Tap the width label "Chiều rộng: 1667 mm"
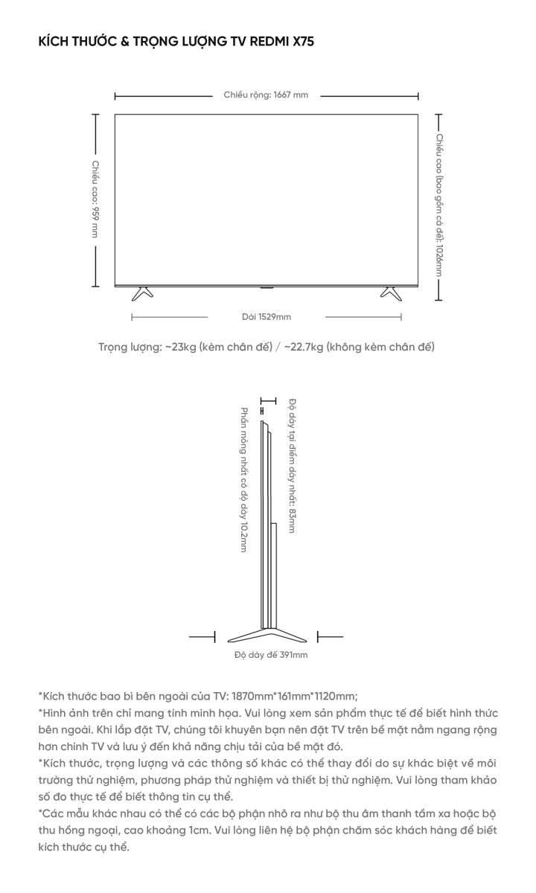pyautogui.click(x=266, y=95)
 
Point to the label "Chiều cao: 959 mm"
pyautogui.click(x=95, y=199)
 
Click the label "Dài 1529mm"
pyautogui.click(x=266, y=317)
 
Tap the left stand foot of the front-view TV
pyautogui.click(x=141, y=292)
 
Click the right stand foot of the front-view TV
pyautogui.click(x=391, y=292)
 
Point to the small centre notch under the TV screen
pyautogui.click(x=266, y=285)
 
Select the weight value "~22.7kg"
pyautogui.click(x=301, y=347)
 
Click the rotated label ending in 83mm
pyautogui.click(x=293, y=466)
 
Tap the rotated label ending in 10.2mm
pyautogui.click(x=243, y=480)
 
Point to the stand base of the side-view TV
pyautogui.click(x=265, y=634)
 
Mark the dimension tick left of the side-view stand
pyautogui.click(x=202, y=636)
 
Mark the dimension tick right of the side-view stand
pyautogui.click(x=329, y=636)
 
